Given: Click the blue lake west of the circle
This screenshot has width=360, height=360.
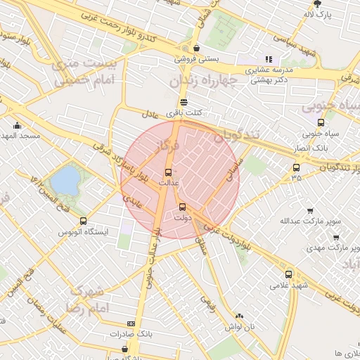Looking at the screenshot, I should click(65, 180).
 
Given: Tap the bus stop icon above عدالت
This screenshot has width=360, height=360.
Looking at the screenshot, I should click(168, 172).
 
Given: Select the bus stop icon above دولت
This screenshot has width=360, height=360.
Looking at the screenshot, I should click(183, 207).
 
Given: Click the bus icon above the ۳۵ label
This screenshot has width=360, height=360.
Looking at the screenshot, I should click(296, 167).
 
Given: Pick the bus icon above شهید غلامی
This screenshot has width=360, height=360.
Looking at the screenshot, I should click(288, 274).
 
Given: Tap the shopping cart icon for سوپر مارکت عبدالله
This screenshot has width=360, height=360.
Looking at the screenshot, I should click(310, 210).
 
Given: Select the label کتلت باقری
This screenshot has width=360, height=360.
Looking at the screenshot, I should click(184, 112).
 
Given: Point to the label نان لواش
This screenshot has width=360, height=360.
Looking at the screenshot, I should click(239, 327).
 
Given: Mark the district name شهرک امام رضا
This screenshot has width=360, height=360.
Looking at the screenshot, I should click(87, 300).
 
